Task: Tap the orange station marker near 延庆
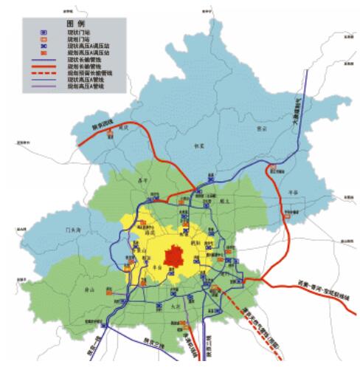point(110,132)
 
